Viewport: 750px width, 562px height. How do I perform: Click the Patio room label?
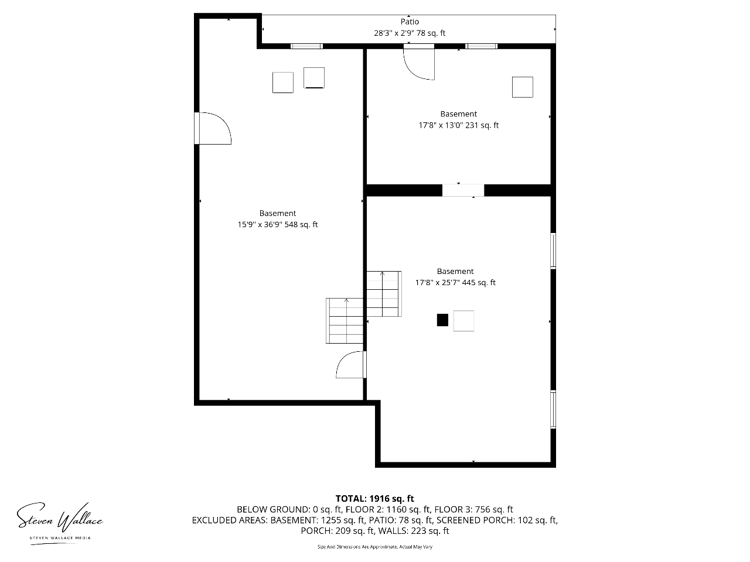point(410,22)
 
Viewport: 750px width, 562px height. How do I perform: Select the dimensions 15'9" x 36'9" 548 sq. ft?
point(278,225)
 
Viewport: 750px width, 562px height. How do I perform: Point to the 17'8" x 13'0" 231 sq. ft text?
point(459,125)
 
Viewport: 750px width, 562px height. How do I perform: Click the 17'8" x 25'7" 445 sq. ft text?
point(455,283)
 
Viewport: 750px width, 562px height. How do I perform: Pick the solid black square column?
point(442,320)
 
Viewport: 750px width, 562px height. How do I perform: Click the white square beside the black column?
point(463,321)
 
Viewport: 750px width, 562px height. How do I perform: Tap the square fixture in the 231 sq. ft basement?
point(523,87)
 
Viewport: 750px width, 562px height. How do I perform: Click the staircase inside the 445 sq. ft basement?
point(384,294)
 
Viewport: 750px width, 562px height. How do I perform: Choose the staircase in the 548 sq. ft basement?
point(345,321)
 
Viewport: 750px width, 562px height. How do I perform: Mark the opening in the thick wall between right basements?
point(463,190)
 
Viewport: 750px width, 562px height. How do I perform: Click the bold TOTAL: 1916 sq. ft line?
point(375,499)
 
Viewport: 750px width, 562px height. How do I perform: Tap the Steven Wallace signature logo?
point(60,518)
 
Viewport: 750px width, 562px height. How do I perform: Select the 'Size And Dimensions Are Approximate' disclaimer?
point(375,547)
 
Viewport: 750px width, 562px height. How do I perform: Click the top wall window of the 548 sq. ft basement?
point(306,46)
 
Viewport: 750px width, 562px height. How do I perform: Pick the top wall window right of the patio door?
point(481,46)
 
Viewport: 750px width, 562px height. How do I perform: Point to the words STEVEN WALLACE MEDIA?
point(60,538)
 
